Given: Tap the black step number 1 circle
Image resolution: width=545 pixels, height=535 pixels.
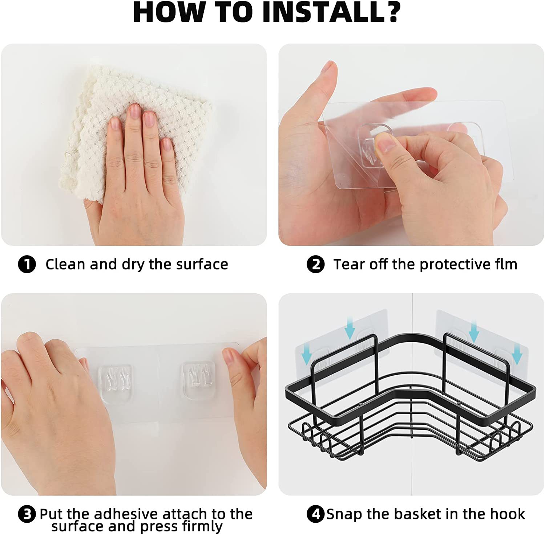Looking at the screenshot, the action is (27, 264).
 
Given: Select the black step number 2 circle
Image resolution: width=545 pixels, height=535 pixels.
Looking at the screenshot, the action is (315, 264).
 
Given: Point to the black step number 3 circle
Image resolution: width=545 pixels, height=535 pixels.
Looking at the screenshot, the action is (27, 514).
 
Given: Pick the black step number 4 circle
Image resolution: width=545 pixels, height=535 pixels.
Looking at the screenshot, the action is (315, 514).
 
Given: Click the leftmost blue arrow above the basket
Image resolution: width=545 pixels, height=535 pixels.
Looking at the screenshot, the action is (306, 355).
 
